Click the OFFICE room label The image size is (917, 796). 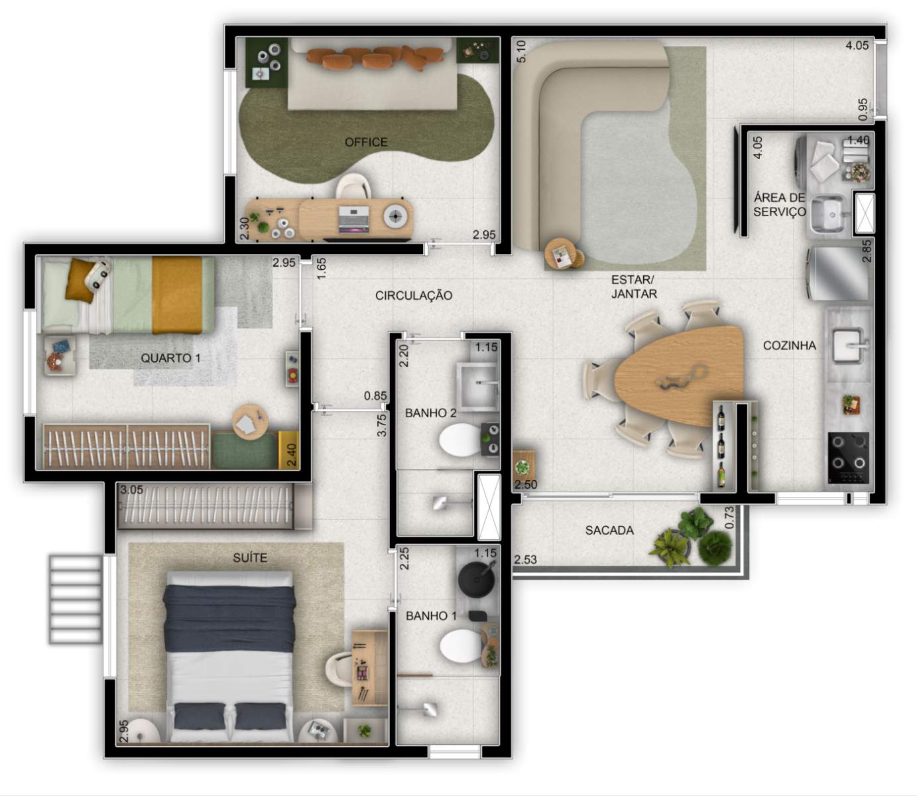tap(366, 142)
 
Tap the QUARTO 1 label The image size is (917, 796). tap(170, 358)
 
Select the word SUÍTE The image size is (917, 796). tap(250, 558)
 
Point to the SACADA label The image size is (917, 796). tap(609, 530)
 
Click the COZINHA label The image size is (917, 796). tap(789, 346)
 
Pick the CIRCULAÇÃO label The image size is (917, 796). tap(414, 295)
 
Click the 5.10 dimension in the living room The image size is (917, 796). tap(521, 52)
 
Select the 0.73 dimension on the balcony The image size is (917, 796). tap(729, 517)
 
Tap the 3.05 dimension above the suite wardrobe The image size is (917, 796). tap(131, 490)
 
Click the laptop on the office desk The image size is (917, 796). tap(353, 218)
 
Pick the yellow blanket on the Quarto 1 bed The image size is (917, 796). tap(177, 295)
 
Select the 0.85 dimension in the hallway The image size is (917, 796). tap(375, 396)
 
